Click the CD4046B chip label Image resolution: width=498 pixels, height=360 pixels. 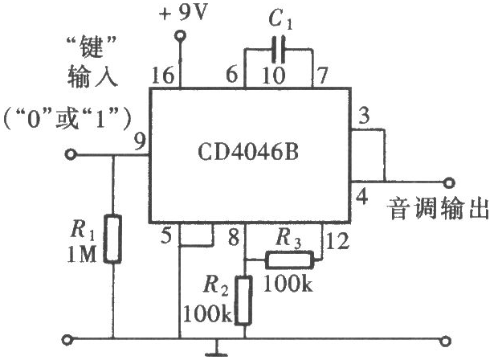tap(248, 152)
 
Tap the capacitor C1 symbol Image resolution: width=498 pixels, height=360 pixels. tap(278, 49)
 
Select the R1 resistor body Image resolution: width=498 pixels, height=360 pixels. tap(112, 239)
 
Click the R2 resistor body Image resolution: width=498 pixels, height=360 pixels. tap(244, 301)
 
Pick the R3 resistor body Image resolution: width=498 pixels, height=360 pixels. tap(289, 260)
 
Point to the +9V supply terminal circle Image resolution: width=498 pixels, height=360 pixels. tap(181, 35)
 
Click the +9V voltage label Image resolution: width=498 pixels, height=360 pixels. tap(183, 13)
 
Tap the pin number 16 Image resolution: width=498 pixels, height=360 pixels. tap(162, 76)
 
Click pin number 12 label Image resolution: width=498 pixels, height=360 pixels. tap(337, 241)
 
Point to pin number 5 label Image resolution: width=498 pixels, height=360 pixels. tap(166, 235)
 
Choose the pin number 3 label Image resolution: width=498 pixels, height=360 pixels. tap(364, 116)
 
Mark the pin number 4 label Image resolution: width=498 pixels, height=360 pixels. tap(362, 196)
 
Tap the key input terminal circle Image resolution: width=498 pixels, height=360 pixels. tap(70, 155)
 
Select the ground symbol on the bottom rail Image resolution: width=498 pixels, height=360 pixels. tap(217, 349)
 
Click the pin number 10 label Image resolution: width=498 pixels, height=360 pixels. tap(273, 76)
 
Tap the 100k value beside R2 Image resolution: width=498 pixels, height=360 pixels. tap(208, 313)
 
